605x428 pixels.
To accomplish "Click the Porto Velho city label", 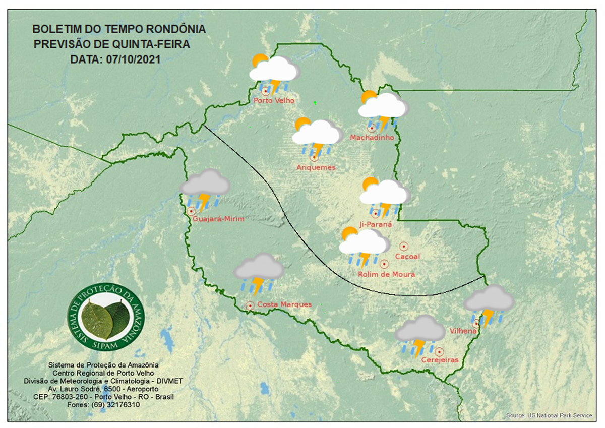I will (x=274, y=100).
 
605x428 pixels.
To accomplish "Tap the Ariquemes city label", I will (x=316, y=167).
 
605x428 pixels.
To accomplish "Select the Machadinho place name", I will (x=372, y=137).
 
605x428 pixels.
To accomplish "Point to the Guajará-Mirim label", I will (x=218, y=219).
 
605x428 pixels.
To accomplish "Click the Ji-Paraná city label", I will (x=376, y=224).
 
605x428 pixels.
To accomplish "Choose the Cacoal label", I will (x=407, y=256).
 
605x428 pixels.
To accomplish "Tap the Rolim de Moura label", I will (x=386, y=274).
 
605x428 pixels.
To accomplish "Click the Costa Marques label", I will (x=284, y=304).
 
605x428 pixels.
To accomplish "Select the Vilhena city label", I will (x=463, y=331).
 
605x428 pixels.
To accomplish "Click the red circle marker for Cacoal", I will (x=403, y=246).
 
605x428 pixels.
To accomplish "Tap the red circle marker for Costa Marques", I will (x=250, y=305).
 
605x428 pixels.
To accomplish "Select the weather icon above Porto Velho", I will (x=274, y=74).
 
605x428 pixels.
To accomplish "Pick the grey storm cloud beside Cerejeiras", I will (x=419, y=334).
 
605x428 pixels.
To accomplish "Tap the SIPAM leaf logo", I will (x=106, y=317).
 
